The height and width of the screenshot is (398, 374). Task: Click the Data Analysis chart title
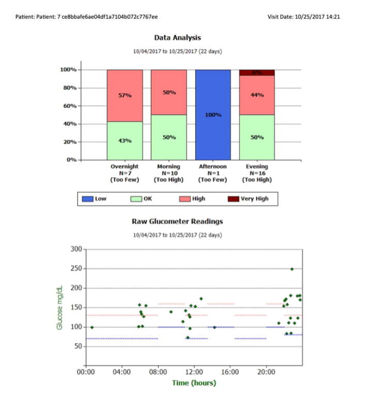click(177, 38)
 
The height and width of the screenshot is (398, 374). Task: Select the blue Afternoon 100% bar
click(213, 115)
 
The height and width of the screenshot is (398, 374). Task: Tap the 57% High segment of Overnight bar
click(124, 95)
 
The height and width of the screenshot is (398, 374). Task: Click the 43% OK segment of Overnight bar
click(124, 140)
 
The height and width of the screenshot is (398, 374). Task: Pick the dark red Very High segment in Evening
click(257, 73)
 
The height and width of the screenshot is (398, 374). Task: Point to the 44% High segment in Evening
click(257, 95)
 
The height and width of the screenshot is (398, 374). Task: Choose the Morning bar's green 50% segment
click(169, 137)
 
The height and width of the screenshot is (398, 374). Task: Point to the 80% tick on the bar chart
click(68, 88)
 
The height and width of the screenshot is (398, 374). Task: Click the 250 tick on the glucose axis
click(76, 269)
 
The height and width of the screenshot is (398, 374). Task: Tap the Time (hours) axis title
click(194, 383)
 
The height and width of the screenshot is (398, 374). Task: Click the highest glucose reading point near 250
click(292, 269)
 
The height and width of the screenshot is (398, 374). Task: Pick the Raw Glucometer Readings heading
click(177, 221)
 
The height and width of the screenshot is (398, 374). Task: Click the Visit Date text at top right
click(303, 17)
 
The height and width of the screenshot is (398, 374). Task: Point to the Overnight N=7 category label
click(124, 173)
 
